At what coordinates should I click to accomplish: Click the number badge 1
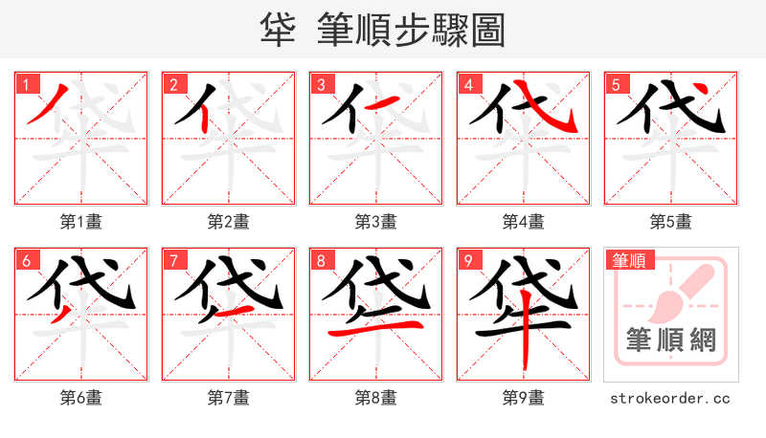point(25,84)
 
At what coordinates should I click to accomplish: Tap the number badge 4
point(467,84)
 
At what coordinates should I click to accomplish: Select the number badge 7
point(172,260)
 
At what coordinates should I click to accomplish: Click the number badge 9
point(467,260)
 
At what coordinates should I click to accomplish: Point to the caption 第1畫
point(81,222)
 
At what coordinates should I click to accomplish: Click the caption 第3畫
point(376,222)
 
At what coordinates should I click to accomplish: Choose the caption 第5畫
point(671,222)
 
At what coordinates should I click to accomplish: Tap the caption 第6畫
point(81,398)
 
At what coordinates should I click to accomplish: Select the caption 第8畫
point(376,398)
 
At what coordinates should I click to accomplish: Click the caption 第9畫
point(524,398)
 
